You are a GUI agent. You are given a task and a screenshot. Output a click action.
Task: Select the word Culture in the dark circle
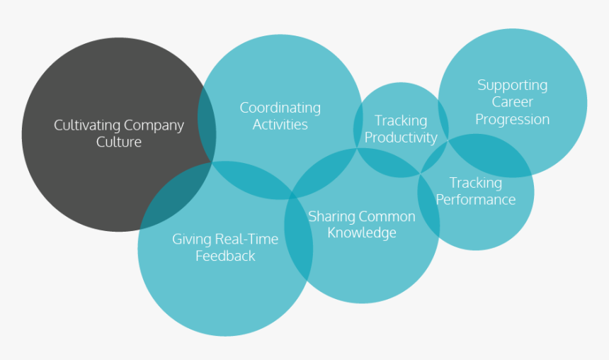[x=119, y=142]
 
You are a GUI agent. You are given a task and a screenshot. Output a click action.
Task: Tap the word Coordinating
[x=280, y=108]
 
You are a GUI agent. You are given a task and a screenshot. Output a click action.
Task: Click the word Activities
[x=280, y=125]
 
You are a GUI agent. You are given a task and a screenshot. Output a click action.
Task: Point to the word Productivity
[x=401, y=137]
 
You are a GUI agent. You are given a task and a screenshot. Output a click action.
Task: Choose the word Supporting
[x=512, y=85]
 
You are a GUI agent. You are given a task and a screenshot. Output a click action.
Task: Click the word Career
[x=512, y=102]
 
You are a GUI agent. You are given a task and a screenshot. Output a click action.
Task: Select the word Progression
[x=512, y=119]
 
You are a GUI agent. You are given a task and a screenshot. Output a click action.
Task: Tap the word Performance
[x=475, y=200]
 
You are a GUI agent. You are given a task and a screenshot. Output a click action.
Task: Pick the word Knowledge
[x=361, y=233]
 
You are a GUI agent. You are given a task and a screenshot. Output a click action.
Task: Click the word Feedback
[x=225, y=256]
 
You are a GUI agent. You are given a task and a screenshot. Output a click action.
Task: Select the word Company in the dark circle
[x=154, y=125]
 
